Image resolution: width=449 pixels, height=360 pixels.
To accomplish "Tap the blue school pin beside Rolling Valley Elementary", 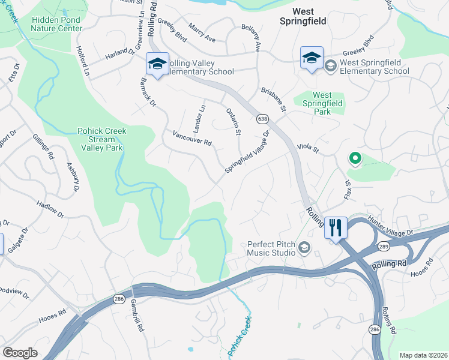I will (157, 64).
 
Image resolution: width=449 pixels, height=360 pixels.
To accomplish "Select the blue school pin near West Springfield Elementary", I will (312, 58).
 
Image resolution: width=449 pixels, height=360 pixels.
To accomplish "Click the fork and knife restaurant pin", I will (336, 227).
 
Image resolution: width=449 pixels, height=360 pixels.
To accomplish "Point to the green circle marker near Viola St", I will (355, 159).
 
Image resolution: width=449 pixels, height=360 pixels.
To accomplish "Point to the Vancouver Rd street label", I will (192, 139).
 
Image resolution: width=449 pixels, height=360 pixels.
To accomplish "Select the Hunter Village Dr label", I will (391, 227).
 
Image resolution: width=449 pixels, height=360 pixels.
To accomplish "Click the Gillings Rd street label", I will (43, 146).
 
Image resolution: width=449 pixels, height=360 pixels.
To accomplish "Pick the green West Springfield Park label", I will (322, 103).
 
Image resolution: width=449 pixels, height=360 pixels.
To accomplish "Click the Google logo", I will (20, 353).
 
